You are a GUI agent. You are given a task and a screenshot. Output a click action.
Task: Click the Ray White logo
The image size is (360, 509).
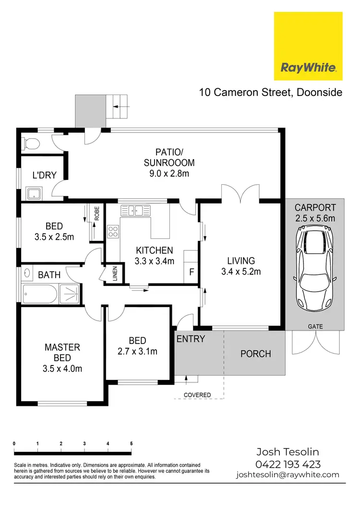click(308, 46)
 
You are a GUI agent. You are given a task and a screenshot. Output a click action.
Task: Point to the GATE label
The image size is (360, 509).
click(315, 327)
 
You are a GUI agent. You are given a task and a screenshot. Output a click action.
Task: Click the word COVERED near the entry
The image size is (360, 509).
click(197, 395)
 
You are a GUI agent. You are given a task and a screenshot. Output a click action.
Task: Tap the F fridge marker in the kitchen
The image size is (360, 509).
click(192, 272)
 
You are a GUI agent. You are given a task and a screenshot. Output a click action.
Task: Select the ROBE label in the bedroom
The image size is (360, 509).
click(97, 213)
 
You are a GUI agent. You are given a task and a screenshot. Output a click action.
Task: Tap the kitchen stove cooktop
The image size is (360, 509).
click(113, 232)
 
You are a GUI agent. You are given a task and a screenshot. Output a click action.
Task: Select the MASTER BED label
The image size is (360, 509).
click(62, 352)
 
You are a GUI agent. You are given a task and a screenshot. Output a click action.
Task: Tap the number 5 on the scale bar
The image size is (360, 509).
click(132, 443)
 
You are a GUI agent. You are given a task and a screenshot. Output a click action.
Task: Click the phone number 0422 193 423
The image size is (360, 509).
click(288, 464)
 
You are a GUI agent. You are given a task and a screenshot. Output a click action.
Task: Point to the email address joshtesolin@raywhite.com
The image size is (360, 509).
click(288, 475)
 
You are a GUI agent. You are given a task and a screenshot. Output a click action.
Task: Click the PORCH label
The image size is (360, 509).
click(255, 354)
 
